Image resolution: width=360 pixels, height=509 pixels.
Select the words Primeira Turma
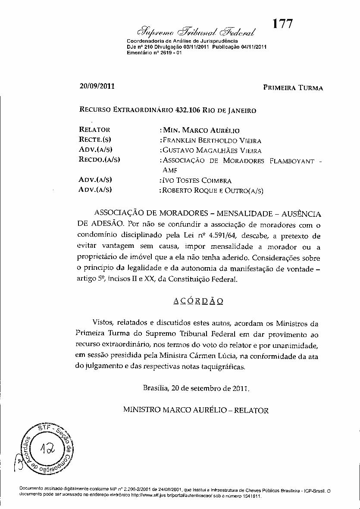293,88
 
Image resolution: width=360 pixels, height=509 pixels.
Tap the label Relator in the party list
95,129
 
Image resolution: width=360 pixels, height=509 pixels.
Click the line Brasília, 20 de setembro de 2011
196,387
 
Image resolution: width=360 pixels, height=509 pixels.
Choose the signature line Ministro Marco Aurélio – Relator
196,410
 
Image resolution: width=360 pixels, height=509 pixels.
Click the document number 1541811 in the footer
251,496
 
